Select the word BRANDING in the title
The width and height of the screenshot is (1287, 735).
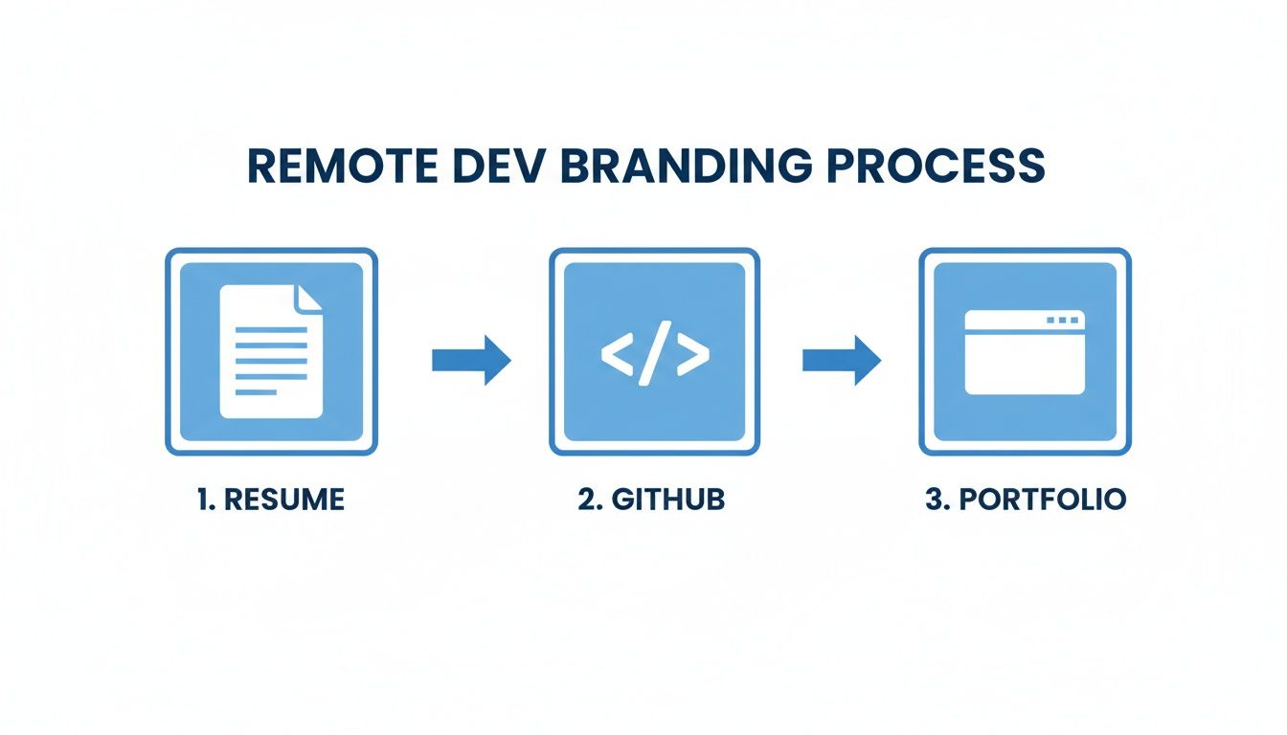click(x=689, y=166)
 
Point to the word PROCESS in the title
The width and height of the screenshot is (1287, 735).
click(x=936, y=166)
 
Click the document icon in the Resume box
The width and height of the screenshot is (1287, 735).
click(x=271, y=351)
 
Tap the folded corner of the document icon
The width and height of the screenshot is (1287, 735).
click(x=308, y=297)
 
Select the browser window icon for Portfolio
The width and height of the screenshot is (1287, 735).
click(x=1024, y=351)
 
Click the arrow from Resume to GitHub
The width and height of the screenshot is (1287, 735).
click(x=471, y=359)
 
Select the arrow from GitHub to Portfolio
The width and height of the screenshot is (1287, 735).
click(x=840, y=359)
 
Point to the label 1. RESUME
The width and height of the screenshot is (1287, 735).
click(x=271, y=500)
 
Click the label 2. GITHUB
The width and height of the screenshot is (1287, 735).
click(x=651, y=500)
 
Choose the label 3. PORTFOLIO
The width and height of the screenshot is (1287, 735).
click(x=1025, y=500)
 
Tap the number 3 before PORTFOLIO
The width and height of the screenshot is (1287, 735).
click(x=935, y=500)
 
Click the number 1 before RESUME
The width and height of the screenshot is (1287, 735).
click(x=204, y=500)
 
